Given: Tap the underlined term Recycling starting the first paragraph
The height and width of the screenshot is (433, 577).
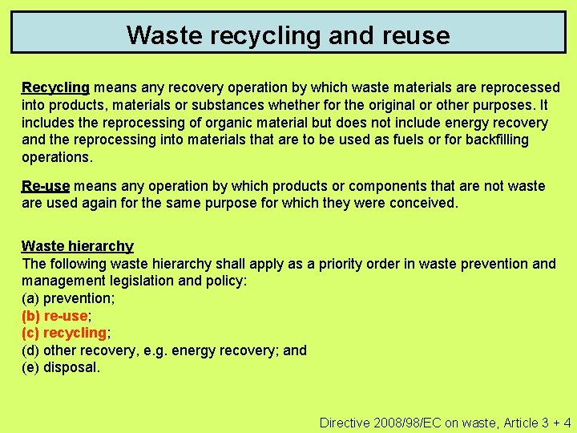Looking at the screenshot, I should tap(55, 87).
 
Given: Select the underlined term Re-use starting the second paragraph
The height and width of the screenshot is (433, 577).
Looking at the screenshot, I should tap(46, 186).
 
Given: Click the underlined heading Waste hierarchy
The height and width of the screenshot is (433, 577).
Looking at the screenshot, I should tap(77, 246).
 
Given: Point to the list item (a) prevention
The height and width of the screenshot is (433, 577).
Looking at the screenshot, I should tap(68, 298).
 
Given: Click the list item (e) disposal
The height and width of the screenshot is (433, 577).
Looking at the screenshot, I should tap(61, 368).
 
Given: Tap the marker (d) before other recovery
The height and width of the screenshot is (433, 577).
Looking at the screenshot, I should tap(30, 350).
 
